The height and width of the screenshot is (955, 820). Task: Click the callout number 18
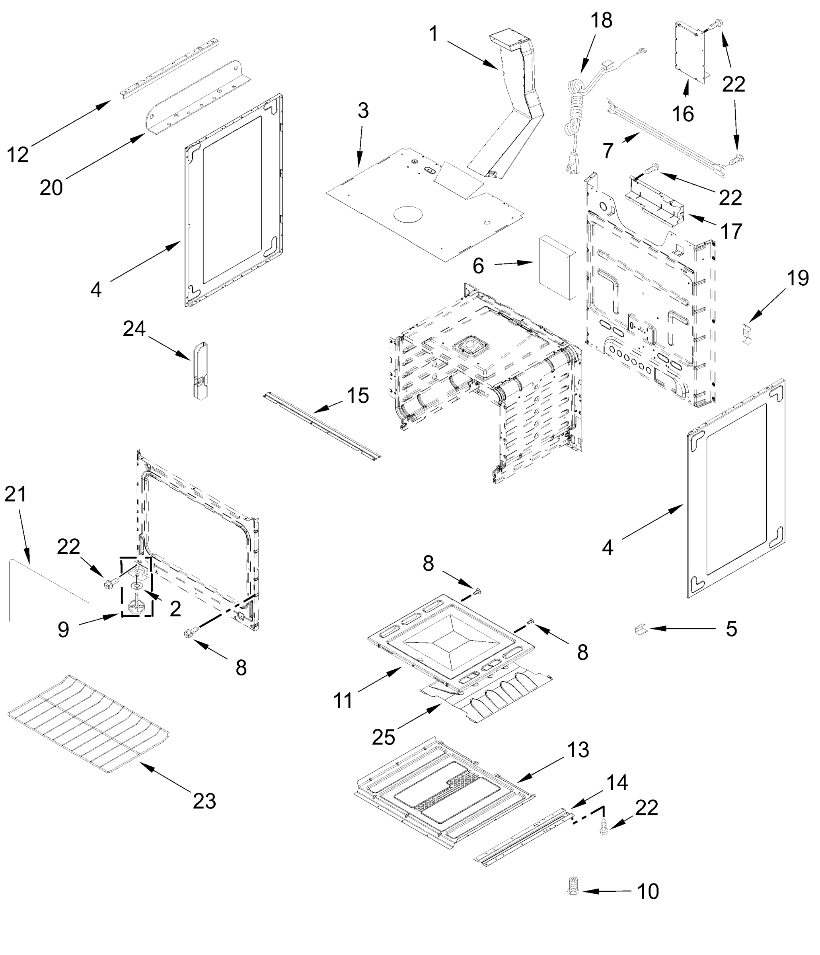pyautogui.click(x=602, y=21)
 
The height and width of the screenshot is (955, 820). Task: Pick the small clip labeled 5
pyautogui.click(x=639, y=629)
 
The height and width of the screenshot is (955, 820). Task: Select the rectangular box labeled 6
pyautogui.click(x=556, y=267)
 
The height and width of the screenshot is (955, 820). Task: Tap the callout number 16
pyautogui.click(x=683, y=114)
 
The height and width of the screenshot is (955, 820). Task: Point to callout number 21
pyautogui.click(x=15, y=494)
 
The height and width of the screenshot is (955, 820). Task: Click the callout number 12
pyautogui.click(x=18, y=154)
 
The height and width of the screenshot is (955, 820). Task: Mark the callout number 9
pyautogui.click(x=63, y=629)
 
